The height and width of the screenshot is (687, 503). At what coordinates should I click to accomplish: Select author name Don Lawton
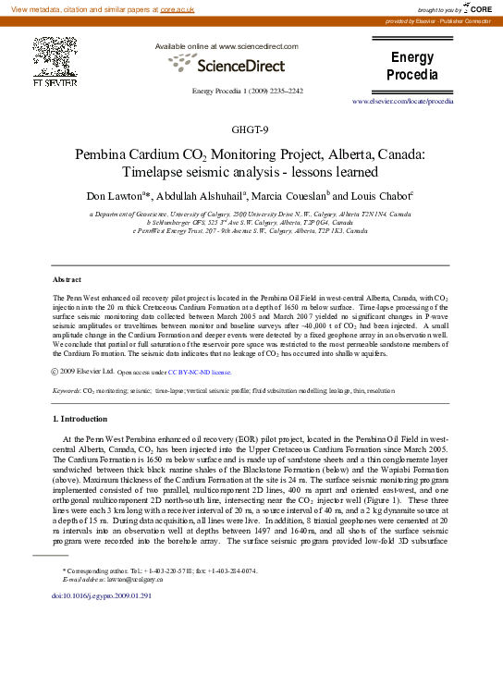(x=115, y=196)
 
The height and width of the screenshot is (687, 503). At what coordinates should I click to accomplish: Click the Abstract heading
(x=67, y=278)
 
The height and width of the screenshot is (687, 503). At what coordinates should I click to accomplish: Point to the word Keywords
(x=66, y=392)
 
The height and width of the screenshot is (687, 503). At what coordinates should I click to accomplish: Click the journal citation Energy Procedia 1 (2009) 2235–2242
(x=247, y=91)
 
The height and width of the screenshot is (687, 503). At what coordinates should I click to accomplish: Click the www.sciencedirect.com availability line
(x=227, y=45)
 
